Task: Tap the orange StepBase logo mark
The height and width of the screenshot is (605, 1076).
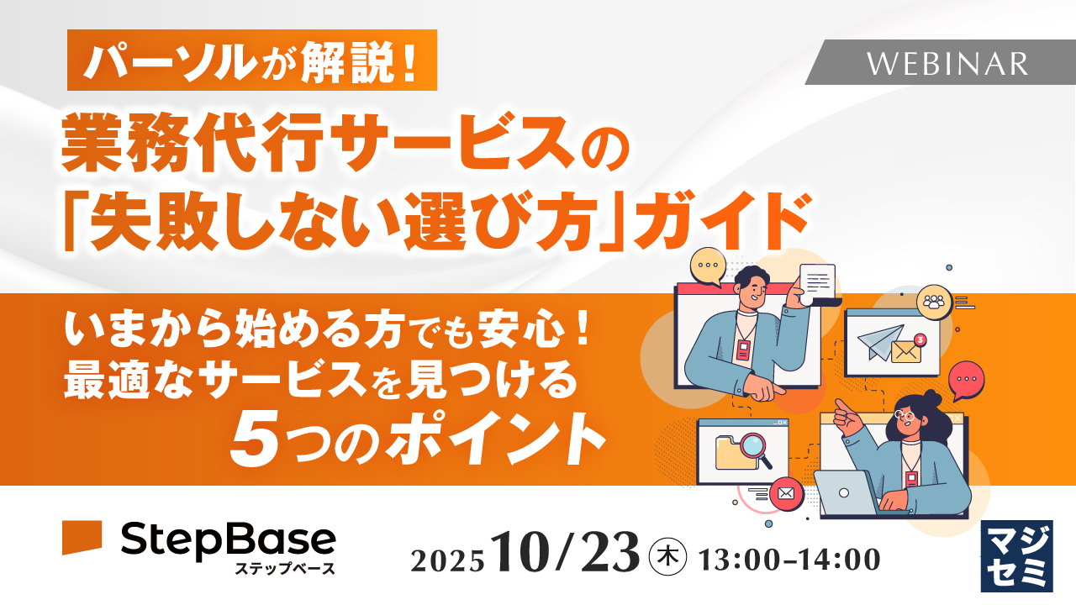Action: pyautogui.click(x=82, y=537)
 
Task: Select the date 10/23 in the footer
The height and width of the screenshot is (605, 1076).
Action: pyautogui.click(x=567, y=555)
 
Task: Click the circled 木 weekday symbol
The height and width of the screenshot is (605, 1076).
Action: pyautogui.click(x=669, y=556)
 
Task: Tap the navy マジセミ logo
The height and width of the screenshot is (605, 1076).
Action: pyautogui.click(x=1016, y=555)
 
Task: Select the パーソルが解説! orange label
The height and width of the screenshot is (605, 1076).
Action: pyautogui.click(x=252, y=60)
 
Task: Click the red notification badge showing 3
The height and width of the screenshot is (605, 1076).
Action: pyautogui.click(x=920, y=339)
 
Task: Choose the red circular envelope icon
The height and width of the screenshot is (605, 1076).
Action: pyautogui.click(x=787, y=493)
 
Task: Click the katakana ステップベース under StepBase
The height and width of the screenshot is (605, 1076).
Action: pyautogui.click(x=285, y=569)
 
